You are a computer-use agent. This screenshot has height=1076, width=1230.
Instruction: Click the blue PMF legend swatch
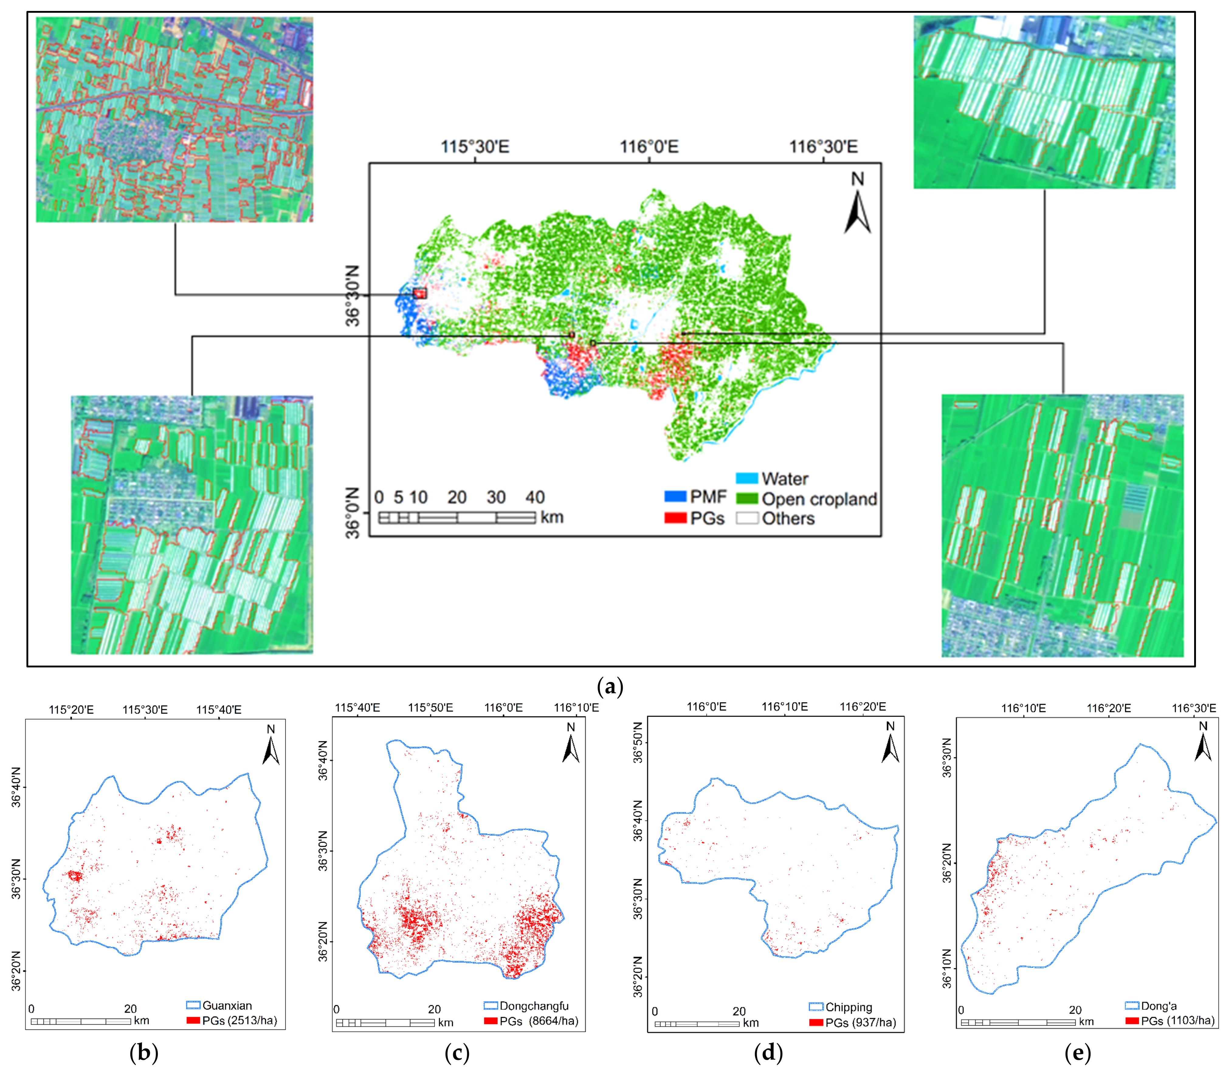[x=675, y=497]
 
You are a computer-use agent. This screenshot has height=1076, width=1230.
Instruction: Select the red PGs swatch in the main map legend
[x=675, y=518]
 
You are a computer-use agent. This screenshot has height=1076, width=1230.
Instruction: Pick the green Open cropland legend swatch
[x=746, y=499]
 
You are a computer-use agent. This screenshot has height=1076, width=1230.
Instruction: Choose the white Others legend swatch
[x=746, y=518]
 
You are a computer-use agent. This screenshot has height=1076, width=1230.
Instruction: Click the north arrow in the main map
[x=858, y=204]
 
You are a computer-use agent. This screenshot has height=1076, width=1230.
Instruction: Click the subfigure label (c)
[x=457, y=1053]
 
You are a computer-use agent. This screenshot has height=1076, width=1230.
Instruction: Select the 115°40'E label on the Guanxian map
[x=219, y=710]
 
